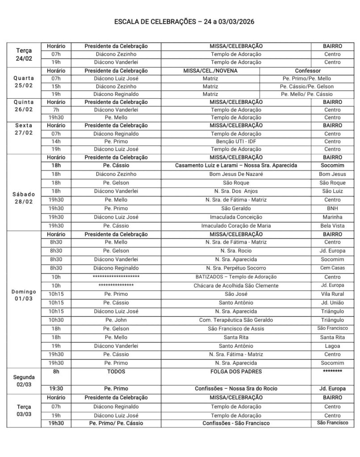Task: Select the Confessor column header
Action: [307, 71]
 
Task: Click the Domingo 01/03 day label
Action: [24, 295]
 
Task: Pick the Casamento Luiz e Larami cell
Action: [236, 165]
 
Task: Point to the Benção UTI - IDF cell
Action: [236, 141]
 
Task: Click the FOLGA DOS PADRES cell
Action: [236, 371]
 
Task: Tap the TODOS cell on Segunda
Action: [116, 371]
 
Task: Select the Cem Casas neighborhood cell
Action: [332, 268]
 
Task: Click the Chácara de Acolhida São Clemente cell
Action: [236, 285]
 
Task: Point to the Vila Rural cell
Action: [332, 294]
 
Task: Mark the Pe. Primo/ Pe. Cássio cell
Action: [116, 423]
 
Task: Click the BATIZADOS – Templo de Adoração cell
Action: [236, 277]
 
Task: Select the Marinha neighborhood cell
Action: [332, 217]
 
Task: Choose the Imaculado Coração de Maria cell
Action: [236, 225]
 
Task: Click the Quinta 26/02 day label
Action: [24, 106]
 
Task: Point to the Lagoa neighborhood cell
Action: [332, 346]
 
